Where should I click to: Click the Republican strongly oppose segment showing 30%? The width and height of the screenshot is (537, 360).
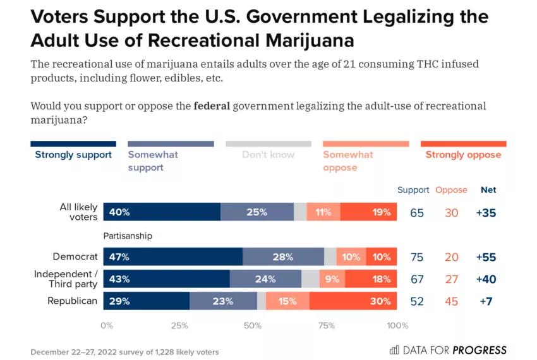click(353, 301)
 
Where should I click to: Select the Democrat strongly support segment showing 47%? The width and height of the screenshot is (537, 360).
click(172, 256)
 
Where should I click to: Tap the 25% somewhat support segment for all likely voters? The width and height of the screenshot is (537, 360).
click(256, 212)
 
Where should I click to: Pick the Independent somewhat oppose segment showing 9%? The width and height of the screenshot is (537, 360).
click(332, 279)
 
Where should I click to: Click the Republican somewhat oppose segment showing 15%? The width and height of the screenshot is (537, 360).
click(287, 301)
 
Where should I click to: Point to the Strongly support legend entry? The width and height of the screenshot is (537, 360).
click(73, 155)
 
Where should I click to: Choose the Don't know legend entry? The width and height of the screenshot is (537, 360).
click(268, 155)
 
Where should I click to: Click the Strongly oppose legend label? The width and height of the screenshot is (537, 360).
click(463, 155)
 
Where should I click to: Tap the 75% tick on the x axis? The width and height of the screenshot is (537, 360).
click(326, 325)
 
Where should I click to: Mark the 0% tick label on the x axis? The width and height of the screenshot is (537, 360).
click(107, 325)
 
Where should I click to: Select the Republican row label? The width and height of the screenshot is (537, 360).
click(73, 301)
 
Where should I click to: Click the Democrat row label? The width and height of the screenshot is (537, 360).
click(75, 256)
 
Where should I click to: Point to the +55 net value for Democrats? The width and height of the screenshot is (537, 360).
click(486, 257)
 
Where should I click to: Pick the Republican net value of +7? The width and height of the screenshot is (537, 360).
click(486, 302)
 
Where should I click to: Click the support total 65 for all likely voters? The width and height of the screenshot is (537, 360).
click(417, 213)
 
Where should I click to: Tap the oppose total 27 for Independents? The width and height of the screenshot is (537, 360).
click(451, 280)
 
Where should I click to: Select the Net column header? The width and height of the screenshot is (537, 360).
click(488, 189)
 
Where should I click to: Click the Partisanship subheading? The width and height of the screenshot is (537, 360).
click(128, 236)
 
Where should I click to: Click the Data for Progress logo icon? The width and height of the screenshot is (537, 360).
click(394, 350)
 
